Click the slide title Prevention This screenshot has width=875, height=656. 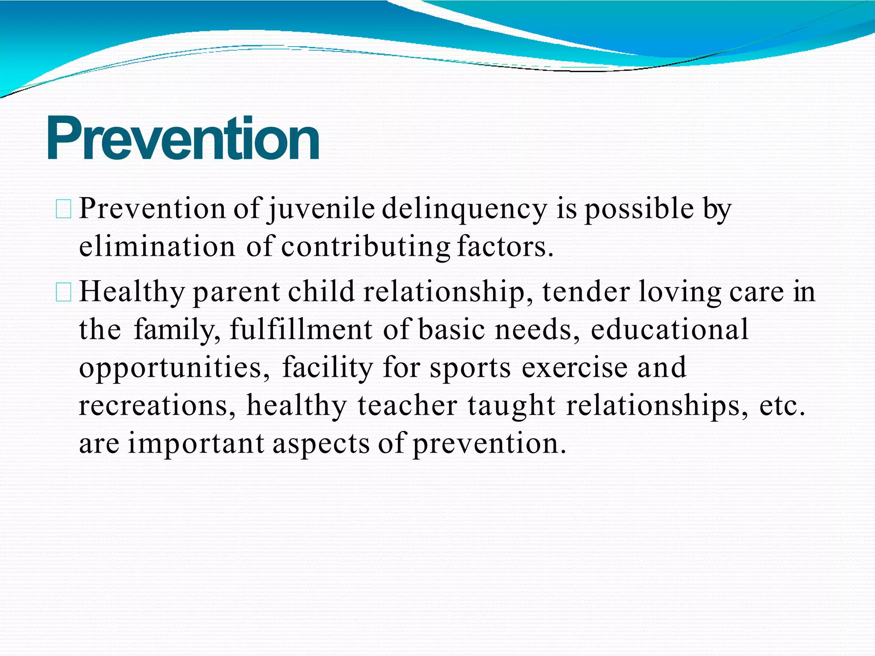click(x=183, y=139)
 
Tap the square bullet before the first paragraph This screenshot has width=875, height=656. click(x=64, y=210)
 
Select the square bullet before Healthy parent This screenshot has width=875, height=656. click(x=64, y=293)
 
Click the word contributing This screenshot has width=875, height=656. click(x=365, y=248)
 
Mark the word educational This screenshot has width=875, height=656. click(x=669, y=329)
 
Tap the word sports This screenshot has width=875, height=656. click(x=470, y=368)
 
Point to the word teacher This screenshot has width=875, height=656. click(x=407, y=405)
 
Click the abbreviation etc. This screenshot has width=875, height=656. click(x=781, y=406)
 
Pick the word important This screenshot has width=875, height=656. click(x=196, y=444)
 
